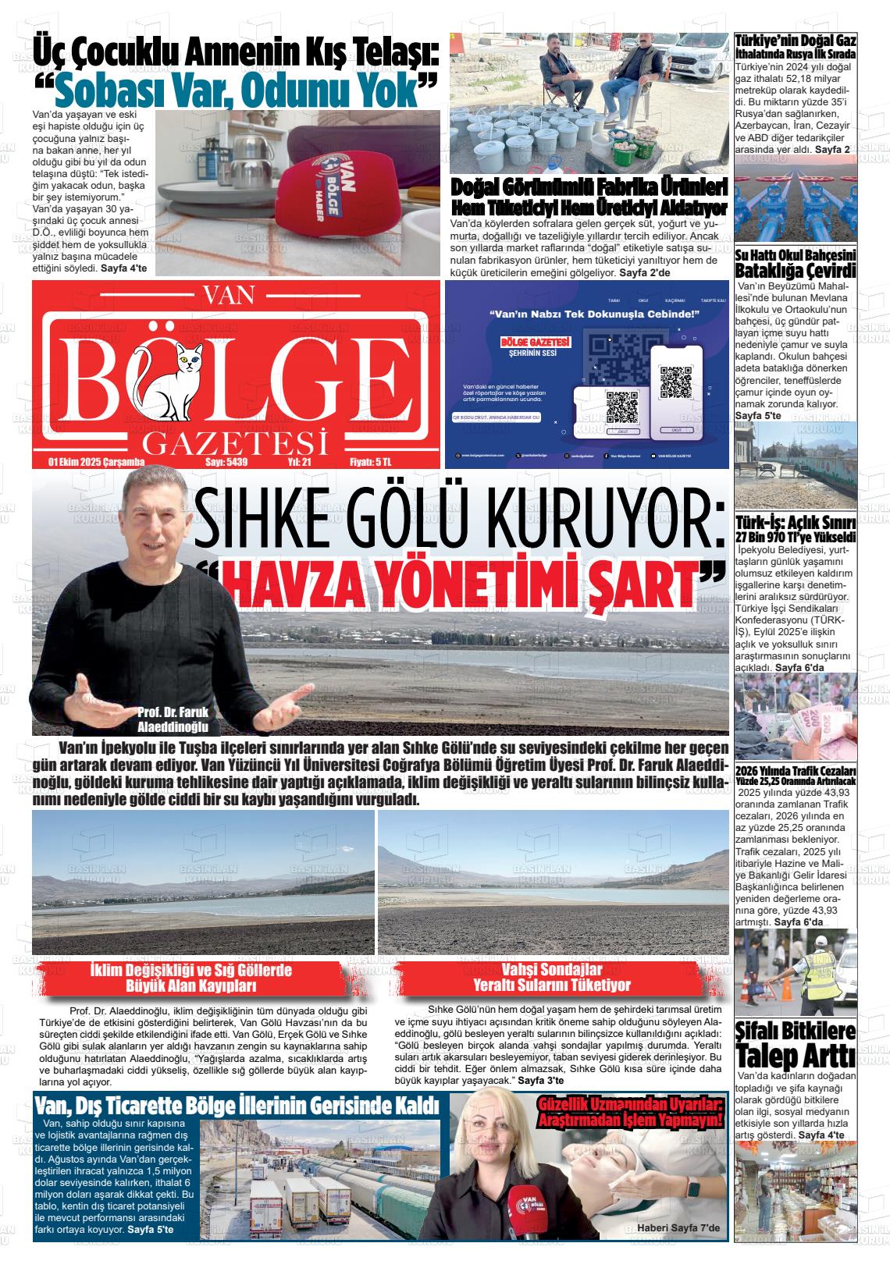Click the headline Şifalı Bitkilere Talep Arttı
(x=796, y=1045)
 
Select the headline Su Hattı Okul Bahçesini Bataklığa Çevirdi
(x=796, y=264)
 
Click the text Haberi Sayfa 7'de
(x=682, y=1229)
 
